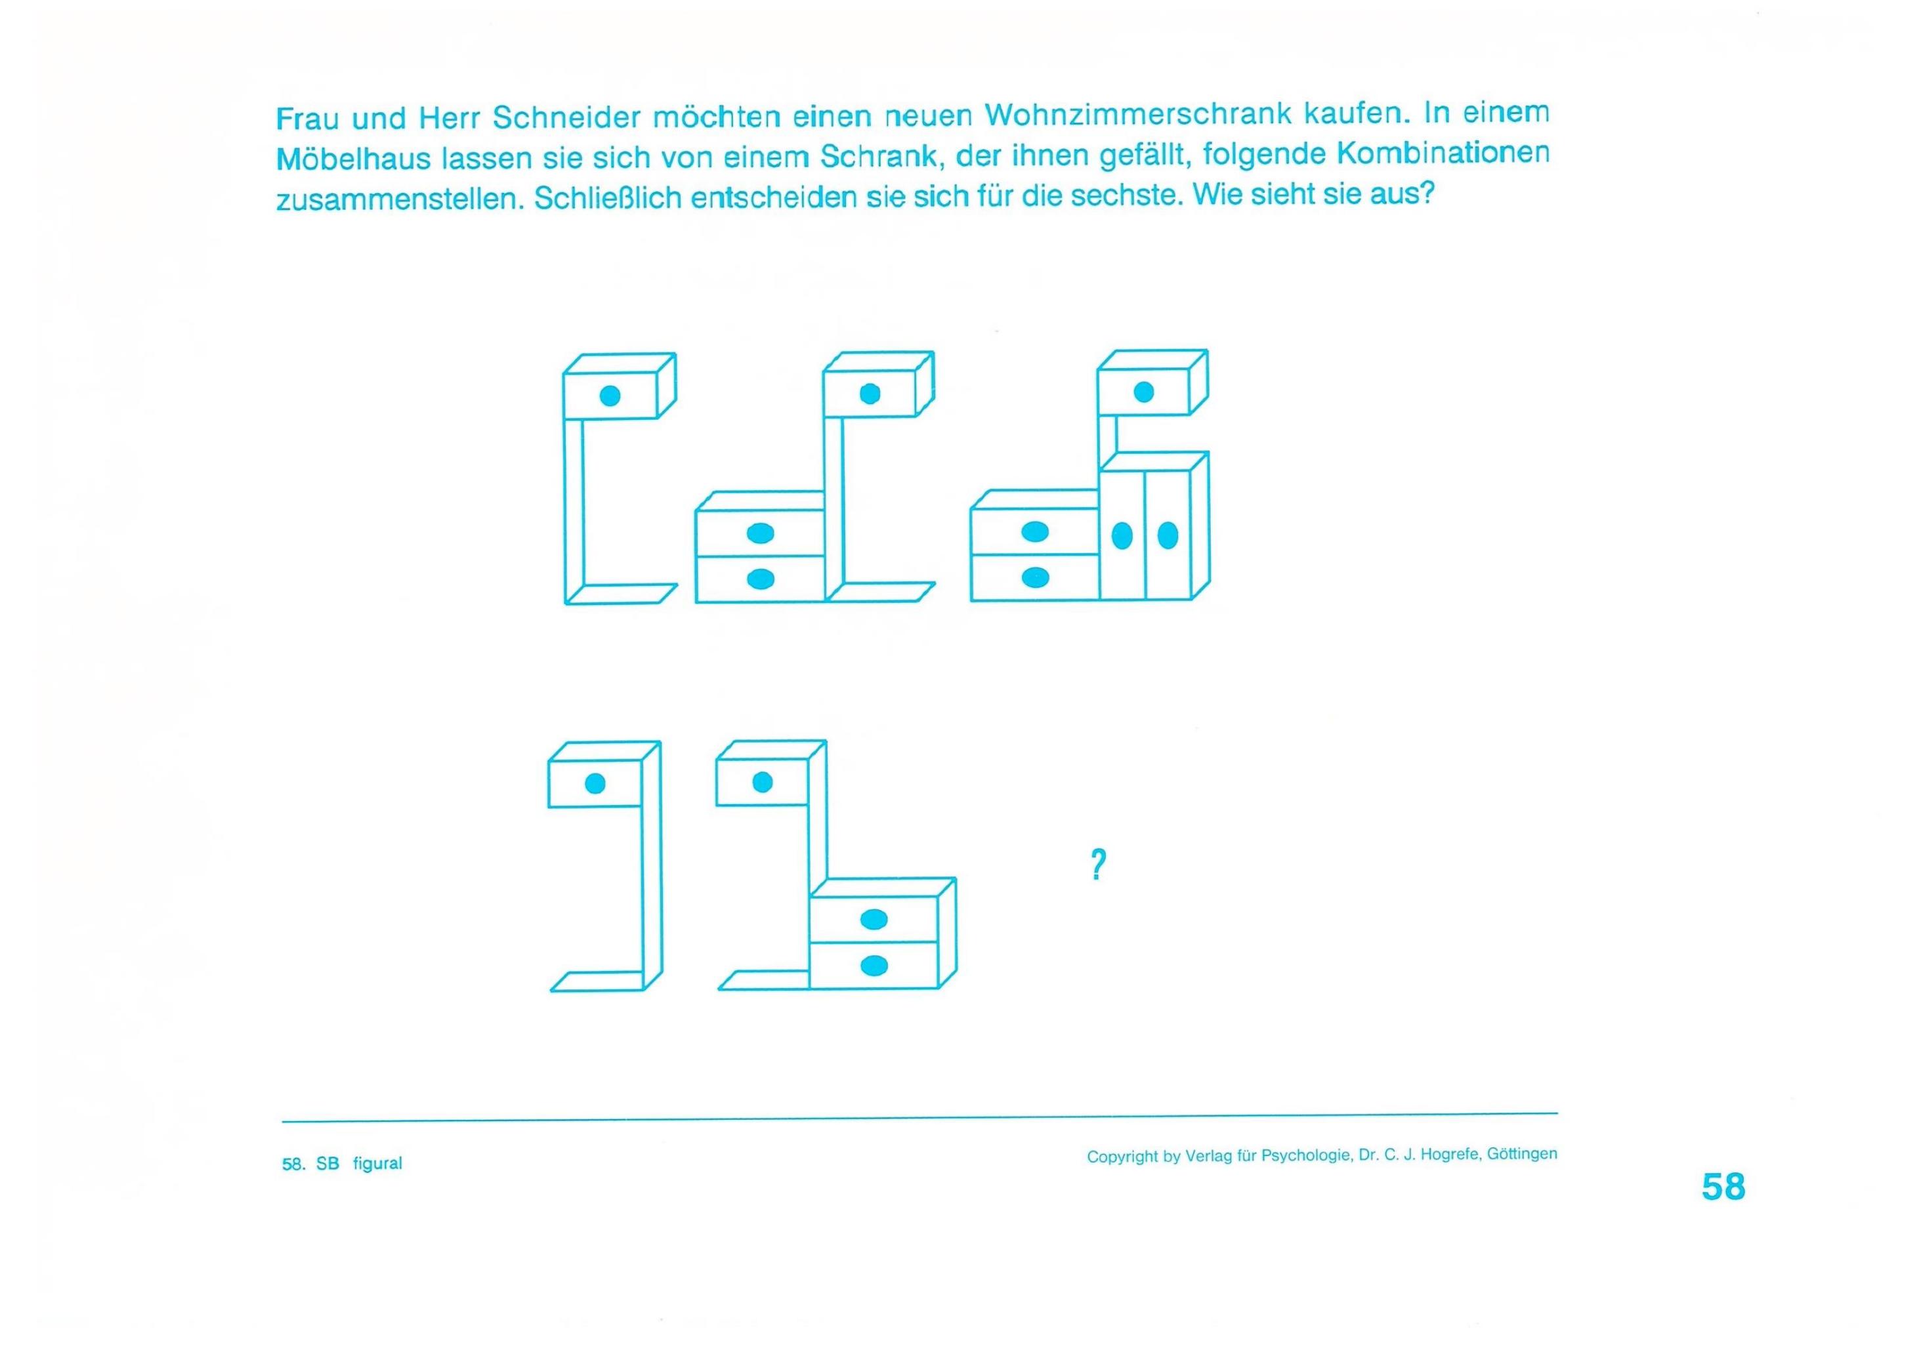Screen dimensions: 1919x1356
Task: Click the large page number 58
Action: coord(1723,1186)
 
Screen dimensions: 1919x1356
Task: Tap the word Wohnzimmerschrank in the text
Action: coord(1140,113)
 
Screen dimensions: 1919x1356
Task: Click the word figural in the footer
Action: coord(378,1163)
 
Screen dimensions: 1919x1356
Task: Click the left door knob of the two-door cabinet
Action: coord(1122,535)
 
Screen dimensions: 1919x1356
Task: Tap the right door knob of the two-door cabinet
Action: coord(1168,535)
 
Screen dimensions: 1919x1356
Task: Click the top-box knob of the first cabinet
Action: coord(610,396)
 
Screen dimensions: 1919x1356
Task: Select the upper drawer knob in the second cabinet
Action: coord(760,533)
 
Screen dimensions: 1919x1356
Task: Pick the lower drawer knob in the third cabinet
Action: coord(1035,577)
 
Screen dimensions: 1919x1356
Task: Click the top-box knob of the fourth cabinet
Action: coord(595,783)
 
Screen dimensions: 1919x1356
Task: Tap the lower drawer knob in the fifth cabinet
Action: coord(874,966)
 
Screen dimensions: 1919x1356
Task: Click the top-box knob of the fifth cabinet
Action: coord(762,782)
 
